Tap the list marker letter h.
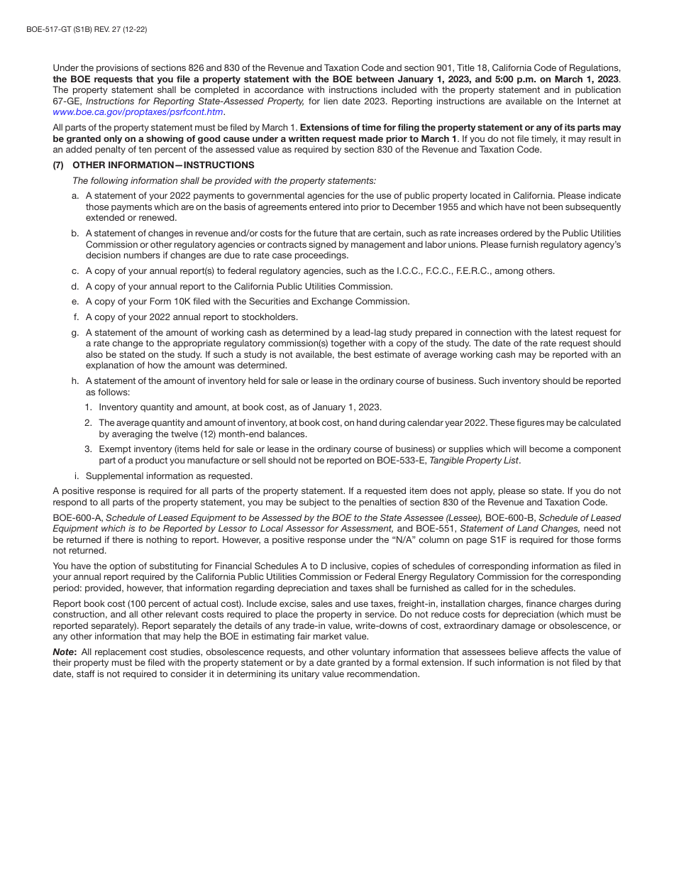74,381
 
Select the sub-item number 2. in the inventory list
88,423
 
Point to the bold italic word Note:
65,652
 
